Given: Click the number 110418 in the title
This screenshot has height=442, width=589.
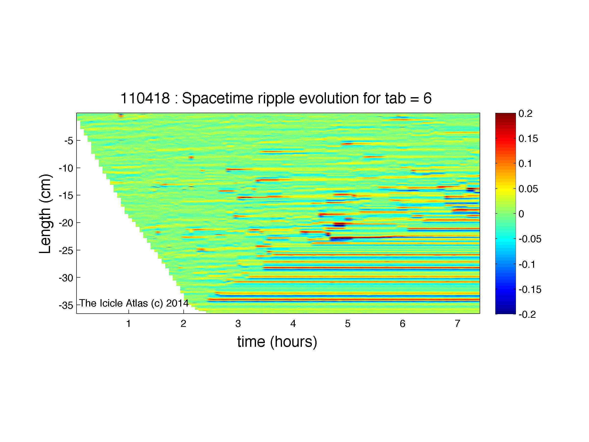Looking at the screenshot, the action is click(x=145, y=98).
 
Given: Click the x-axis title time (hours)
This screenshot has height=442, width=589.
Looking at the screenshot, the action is click(x=277, y=342).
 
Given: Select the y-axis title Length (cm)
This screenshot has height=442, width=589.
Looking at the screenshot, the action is click(x=45, y=214).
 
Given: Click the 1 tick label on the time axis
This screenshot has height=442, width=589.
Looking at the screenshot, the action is click(x=128, y=324).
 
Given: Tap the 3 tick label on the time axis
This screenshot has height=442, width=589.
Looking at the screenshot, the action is click(x=238, y=324).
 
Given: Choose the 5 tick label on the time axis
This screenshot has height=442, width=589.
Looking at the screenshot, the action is click(x=347, y=324).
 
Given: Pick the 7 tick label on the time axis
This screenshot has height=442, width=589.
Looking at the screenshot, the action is click(x=457, y=324).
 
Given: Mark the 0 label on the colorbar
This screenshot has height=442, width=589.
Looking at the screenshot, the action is click(x=521, y=214).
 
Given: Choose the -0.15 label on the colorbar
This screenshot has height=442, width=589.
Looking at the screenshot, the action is click(x=530, y=289).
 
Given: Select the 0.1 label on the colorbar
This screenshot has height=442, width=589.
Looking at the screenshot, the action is click(x=525, y=164).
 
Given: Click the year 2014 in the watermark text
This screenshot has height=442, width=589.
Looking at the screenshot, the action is click(x=177, y=303).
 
